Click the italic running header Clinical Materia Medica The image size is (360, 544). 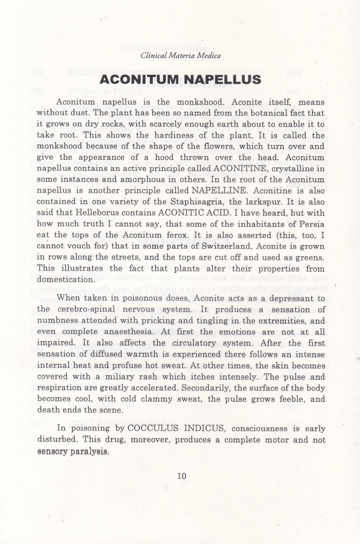click(180, 56)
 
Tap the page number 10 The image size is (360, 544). click(182, 476)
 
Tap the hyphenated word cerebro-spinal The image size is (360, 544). click(86, 310)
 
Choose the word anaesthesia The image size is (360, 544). click(124, 332)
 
